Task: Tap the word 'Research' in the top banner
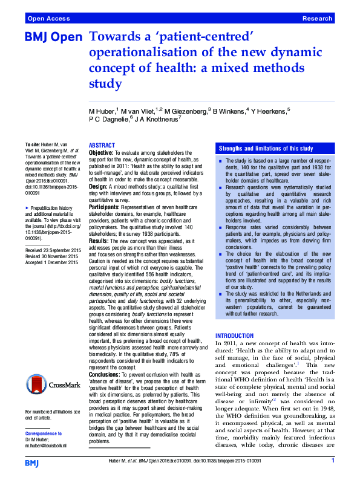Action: coord(317,19)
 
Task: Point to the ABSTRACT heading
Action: coord(102,146)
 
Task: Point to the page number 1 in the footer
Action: coord(333,461)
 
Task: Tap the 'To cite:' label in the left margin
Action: coord(32,146)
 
